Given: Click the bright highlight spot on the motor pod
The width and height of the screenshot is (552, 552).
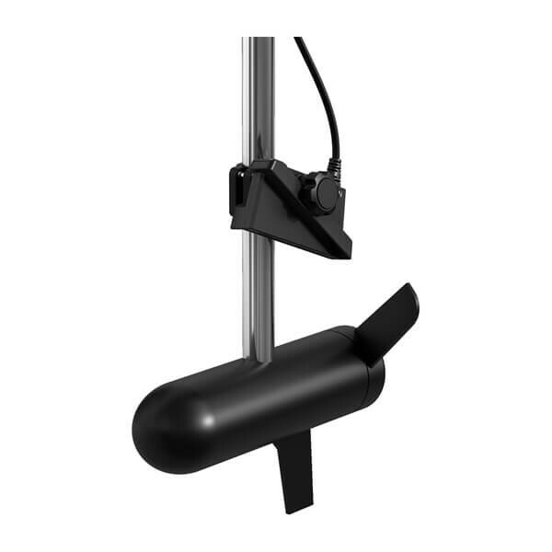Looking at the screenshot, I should click(210, 420).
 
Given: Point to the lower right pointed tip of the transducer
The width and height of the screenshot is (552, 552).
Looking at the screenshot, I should click(345, 253).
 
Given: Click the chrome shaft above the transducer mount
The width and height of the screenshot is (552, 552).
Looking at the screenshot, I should click(259, 101).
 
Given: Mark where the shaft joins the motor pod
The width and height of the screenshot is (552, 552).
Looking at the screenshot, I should click(259, 359).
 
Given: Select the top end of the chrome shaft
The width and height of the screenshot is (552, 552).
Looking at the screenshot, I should click(259, 40).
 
